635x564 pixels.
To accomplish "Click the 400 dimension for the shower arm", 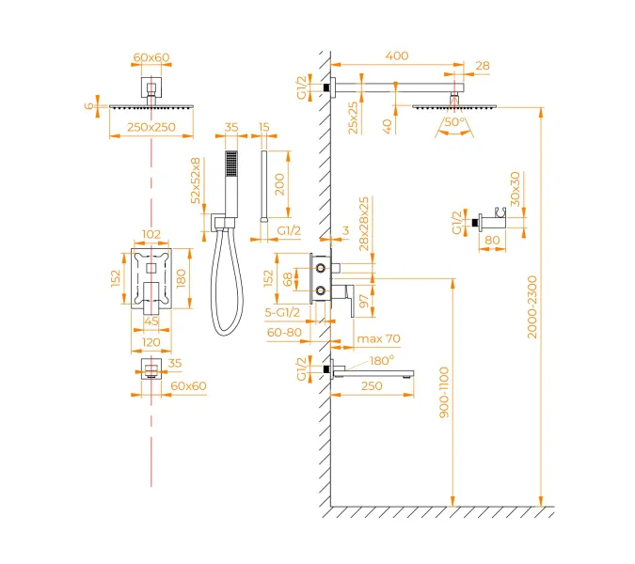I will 397,56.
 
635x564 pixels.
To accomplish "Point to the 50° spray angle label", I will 453,122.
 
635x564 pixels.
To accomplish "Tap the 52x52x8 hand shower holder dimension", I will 196,180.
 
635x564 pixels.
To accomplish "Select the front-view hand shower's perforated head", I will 228,164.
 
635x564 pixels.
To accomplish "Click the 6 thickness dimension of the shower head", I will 90,106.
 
